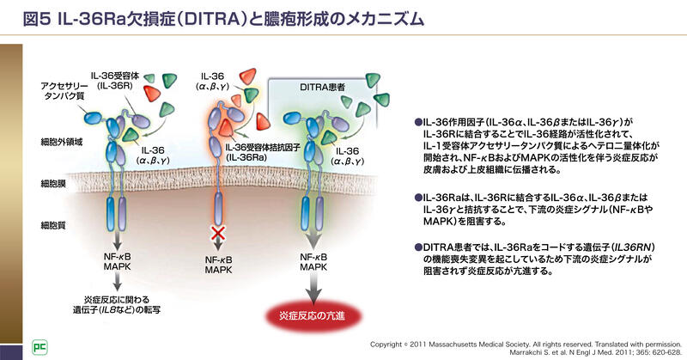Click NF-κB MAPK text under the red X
[219, 262]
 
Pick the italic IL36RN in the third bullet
[614, 247]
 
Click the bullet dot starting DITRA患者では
[417, 247]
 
